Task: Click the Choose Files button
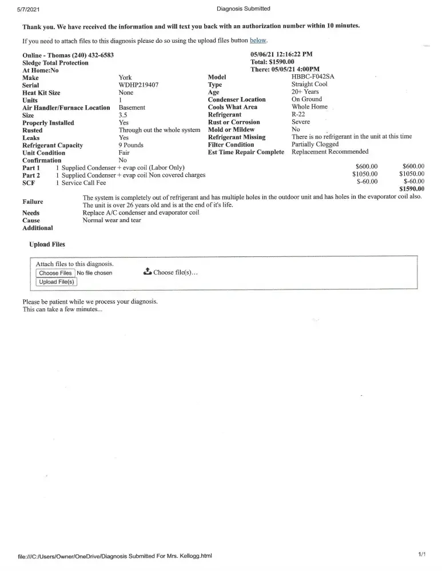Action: tap(55, 273)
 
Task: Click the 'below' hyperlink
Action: tap(258, 41)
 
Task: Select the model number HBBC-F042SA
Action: tap(313, 77)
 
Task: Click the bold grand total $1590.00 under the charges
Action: tap(412, 189)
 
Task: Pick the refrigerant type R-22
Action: tap(298, 114)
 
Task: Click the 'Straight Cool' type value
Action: tap(309, 85)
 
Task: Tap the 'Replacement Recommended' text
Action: tap(330, 152)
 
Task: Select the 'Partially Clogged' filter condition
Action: tap(315, 144)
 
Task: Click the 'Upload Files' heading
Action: tap(47, 244)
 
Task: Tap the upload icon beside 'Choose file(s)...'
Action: tap(147, 272)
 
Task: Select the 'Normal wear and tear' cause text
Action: tap(112, 220)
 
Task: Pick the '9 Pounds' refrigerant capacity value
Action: tap(131, 145)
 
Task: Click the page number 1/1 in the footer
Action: tap(422, 554)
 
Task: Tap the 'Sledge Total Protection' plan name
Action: tap(55, 62)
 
